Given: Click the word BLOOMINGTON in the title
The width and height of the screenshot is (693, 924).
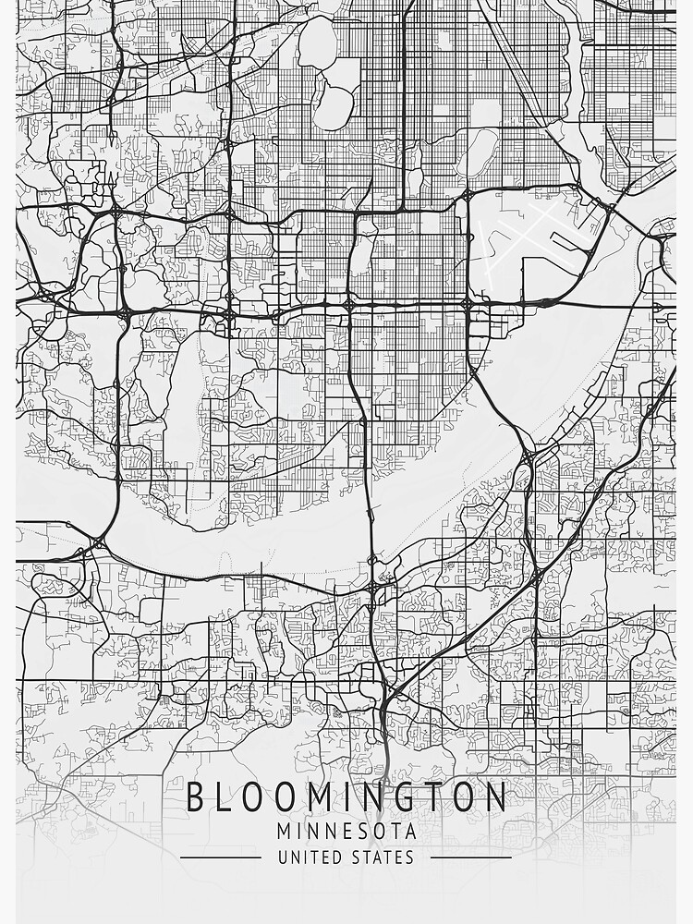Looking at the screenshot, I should coord(346,797).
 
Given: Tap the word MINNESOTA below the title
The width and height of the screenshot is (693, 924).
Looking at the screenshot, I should coord(346,832).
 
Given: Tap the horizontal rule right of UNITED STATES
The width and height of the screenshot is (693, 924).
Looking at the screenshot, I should coord(471,857).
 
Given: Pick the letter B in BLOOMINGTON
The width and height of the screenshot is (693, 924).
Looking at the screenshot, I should coord(198,797).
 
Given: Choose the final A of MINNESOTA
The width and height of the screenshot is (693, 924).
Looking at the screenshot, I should coord(410,832).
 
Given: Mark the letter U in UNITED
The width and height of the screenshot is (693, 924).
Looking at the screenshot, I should coord(282,857).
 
